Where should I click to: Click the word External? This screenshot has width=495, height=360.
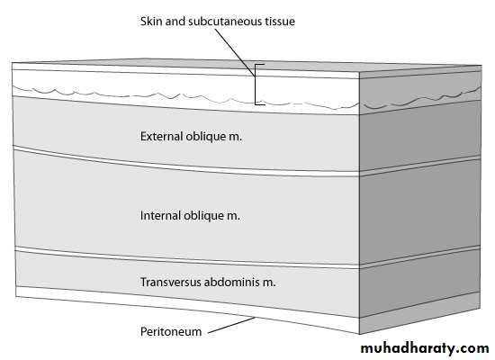pos(161,137)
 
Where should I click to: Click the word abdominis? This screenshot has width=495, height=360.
pos(232,282)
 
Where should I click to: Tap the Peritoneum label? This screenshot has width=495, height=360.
pos(171,331)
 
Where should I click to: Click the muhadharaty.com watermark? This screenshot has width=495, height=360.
pos(425,348)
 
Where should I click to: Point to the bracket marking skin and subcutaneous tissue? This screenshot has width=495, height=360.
pos(256,85)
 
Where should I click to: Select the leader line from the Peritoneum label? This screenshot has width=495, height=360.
pos(231,325)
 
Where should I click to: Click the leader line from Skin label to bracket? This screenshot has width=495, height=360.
pos(235,53)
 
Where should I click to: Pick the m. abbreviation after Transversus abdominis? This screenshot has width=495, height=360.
pos(269,283)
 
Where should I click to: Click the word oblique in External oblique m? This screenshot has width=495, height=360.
pos(204,137)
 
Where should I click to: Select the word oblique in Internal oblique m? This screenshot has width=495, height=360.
pos(202,216)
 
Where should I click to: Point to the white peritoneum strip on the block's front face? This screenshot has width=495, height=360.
pos(187,305)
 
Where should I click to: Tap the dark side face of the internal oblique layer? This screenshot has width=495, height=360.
pos(420,211)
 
